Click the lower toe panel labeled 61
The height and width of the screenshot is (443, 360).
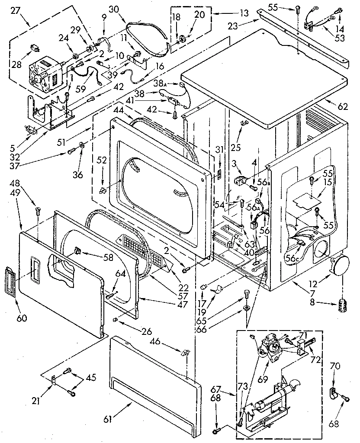[156, 381]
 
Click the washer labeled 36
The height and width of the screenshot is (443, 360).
[81, 144]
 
